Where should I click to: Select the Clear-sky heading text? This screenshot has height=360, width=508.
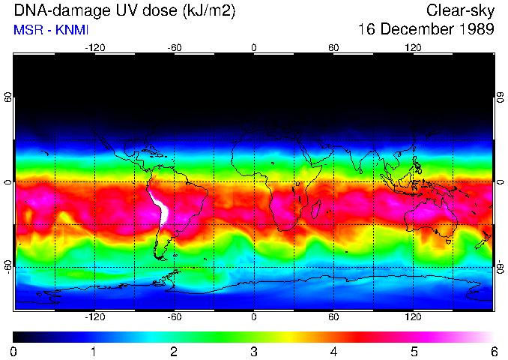[x=460, y=10]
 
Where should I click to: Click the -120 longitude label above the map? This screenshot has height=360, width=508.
[x=94, y=48]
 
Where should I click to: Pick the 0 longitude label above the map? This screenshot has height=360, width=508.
[x=254, y=48]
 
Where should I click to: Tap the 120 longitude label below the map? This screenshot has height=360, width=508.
[x=413, y=317]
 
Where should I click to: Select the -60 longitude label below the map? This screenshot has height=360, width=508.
[x=175, y=317]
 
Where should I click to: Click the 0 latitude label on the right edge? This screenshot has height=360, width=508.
[x=500, y=182]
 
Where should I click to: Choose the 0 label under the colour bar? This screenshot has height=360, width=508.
[x=14, y=351]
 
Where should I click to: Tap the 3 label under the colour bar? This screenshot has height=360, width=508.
[x=254, y=351]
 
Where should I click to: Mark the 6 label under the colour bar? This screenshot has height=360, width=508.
[x=493, y=351]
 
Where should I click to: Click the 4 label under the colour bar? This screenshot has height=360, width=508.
[x=333, y=351]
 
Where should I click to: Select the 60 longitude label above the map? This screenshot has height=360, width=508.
[x=333, y=48]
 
